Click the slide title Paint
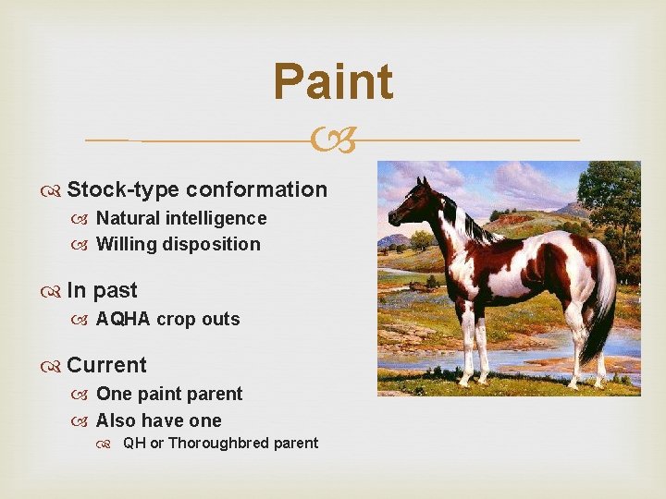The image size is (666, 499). [333, 81]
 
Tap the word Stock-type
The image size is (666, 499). [123, 190]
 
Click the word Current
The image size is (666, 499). [106, 365]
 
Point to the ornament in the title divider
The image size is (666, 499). [333, 140]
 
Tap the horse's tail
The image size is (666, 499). [601, 305]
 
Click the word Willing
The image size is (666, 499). [127, 245]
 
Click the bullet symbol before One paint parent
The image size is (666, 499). [83, 395]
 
